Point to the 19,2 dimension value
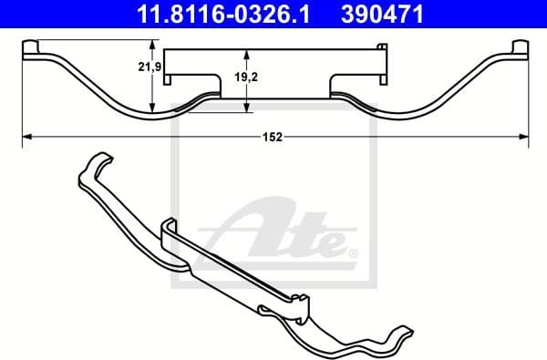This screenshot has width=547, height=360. click(260, 77)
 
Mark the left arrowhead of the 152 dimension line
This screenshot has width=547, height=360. click(26, 137)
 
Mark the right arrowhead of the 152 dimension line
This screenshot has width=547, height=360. click(522, 137)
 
